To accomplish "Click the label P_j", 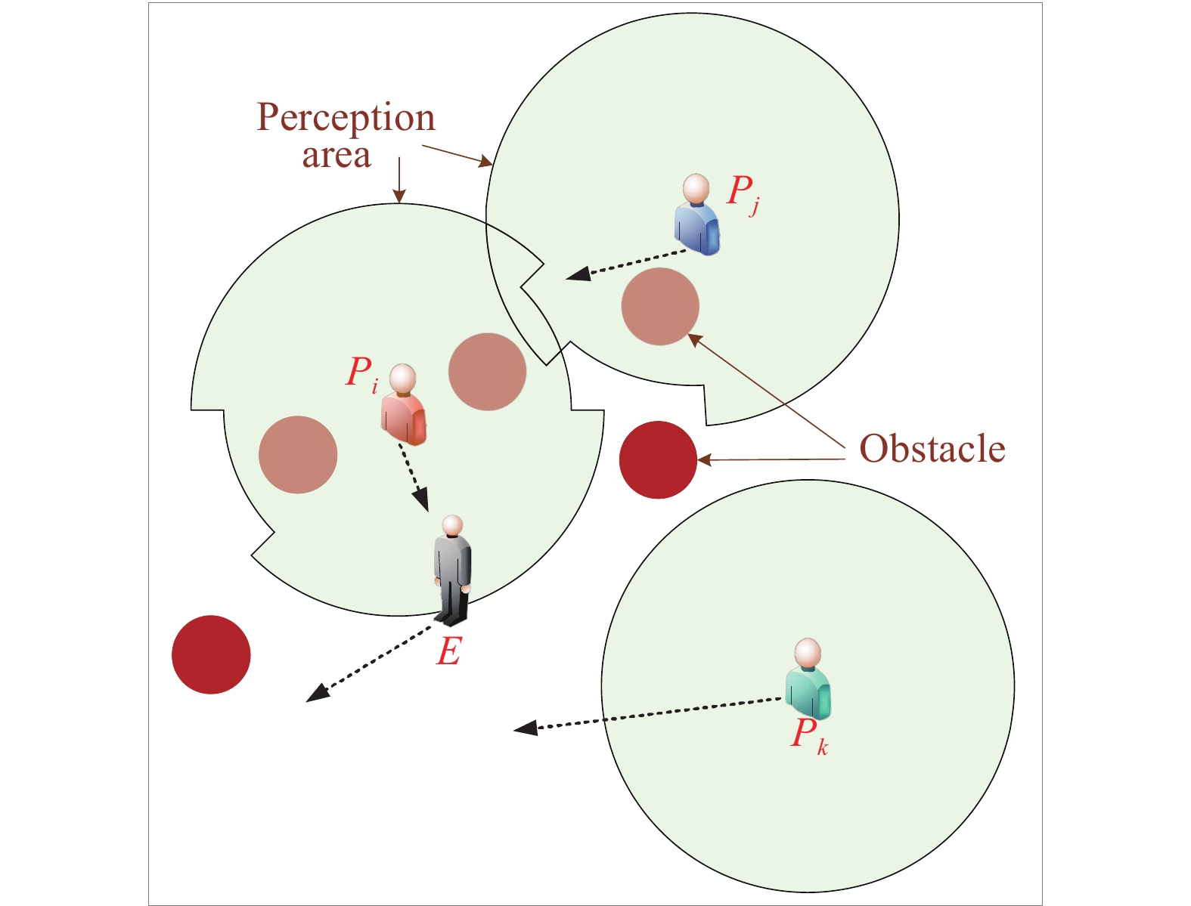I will pos(743,193).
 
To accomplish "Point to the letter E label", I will pos(448,651).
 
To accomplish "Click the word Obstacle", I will pos(932,449).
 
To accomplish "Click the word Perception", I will pos(346,118).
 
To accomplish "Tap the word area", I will pos(337,155).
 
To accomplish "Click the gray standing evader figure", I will pos(452,571).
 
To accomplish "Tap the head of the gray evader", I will pos(452,524).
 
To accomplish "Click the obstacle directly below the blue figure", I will pos(660,306).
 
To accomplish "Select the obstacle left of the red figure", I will pos(298,455).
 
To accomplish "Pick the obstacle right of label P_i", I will pos(487,372).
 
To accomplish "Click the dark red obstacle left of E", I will pos(211,654).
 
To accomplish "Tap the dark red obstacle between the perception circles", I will pos(658,459).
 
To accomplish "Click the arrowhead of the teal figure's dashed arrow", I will pos(524,728).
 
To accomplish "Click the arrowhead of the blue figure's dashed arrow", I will pos(578,274).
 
